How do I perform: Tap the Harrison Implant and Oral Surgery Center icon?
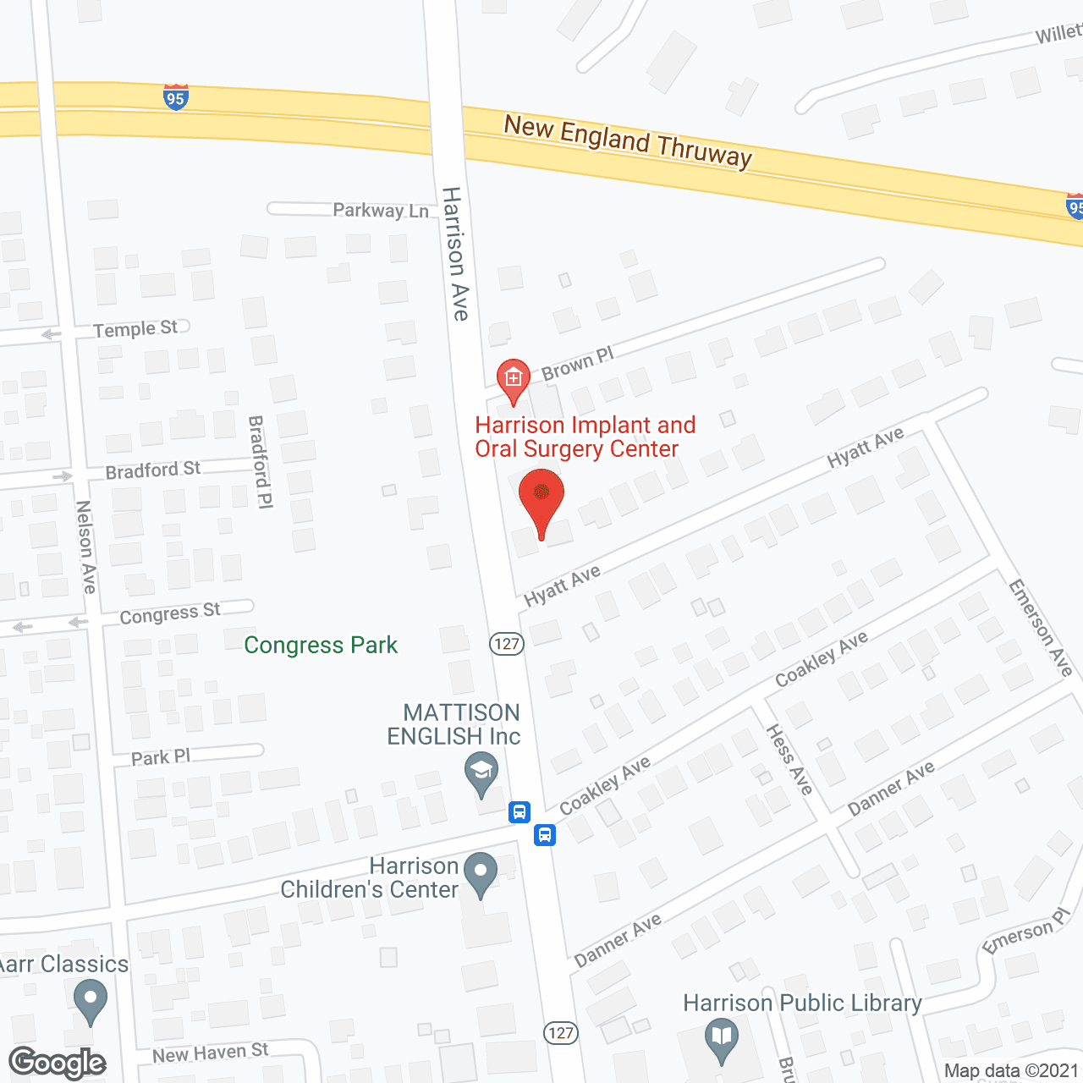click(x=513, y=378)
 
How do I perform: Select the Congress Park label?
click(x=321, y=646)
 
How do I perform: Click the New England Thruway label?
click(x=628, y=141)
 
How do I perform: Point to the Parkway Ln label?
click(x=381, y=210)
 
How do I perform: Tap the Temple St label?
click(x=135, y=328)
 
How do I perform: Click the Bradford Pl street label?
click(x=261, y=462)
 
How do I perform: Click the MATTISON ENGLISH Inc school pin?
click(x=481, y=772)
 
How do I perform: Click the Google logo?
click(x=58, y=1063)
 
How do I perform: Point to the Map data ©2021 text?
click(x=1011, y=1071)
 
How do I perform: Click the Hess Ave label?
click(x=789, y=759)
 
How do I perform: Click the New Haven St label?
click(x=210, y=1053)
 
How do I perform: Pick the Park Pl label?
click(x=161, y=757)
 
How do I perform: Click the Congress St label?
click(x=169, y=613)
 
